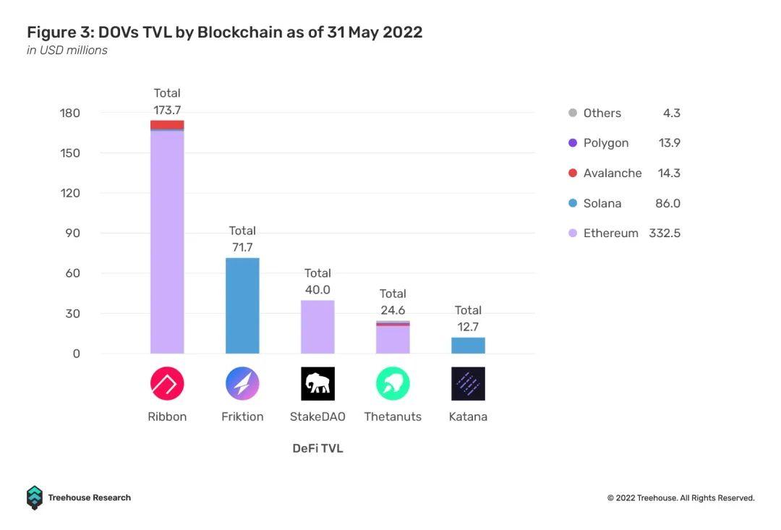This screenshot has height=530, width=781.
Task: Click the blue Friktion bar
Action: point(242,306)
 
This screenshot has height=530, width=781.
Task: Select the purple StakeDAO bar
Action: point(317,327)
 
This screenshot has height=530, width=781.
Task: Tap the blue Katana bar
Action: point(468,346)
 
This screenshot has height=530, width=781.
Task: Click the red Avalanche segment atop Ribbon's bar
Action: point(167,125)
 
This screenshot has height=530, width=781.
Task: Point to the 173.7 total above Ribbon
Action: point(167,110)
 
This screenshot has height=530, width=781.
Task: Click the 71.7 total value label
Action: point(242,247)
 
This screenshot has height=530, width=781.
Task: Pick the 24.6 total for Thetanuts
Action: point(393,310)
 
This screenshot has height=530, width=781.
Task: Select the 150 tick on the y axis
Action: point(70,153)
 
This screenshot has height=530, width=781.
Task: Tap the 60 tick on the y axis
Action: point(73,273)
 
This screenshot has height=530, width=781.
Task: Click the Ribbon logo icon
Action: point(167,383)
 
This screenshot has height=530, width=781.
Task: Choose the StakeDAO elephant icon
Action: point(317,383)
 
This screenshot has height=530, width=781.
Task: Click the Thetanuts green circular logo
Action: point(393,383)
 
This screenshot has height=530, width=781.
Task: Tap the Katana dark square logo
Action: point(468,383)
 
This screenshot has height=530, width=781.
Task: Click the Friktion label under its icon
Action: point(242,416)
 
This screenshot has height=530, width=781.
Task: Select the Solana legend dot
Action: point(573,203)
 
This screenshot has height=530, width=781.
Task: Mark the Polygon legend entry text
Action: point(606,143)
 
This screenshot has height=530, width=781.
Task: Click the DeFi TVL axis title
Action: point(317,448)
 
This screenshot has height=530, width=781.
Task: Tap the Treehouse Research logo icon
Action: point(35,497)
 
